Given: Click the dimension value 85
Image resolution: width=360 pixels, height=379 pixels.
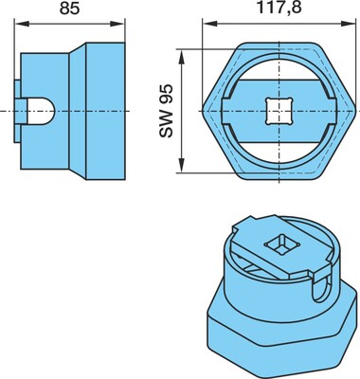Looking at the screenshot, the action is click(70, 9).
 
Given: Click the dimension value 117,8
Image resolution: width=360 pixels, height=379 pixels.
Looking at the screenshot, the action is click(279, 8).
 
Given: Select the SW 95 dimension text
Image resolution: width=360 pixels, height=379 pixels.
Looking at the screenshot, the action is click(167, 111).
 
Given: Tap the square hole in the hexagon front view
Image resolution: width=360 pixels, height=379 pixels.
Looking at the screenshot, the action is click(279, 111).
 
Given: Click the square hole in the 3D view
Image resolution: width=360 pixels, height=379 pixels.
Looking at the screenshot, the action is click(278, 245).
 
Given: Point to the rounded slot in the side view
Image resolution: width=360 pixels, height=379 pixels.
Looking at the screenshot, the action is click(41, 111).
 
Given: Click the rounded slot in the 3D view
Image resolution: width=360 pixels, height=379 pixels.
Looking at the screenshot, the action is click(319, 287).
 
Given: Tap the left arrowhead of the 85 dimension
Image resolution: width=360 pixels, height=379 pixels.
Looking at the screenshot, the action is click(22, 24).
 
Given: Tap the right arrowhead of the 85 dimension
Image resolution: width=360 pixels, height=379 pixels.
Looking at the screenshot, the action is click(117, 24).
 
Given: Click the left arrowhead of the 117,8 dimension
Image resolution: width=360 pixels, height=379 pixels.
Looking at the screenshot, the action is click(210, 24).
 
